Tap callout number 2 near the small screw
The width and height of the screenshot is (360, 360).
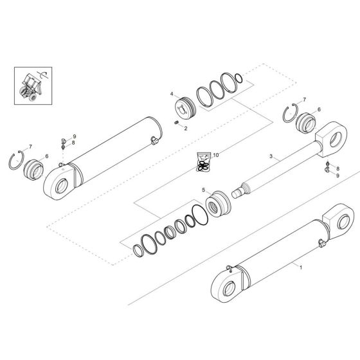pyautogui.click(x=185, y=129)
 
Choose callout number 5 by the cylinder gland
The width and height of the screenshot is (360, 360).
pyautogui.click(x=204, y=190)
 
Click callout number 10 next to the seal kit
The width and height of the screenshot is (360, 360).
pyautogui.click(x=217, y=155)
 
